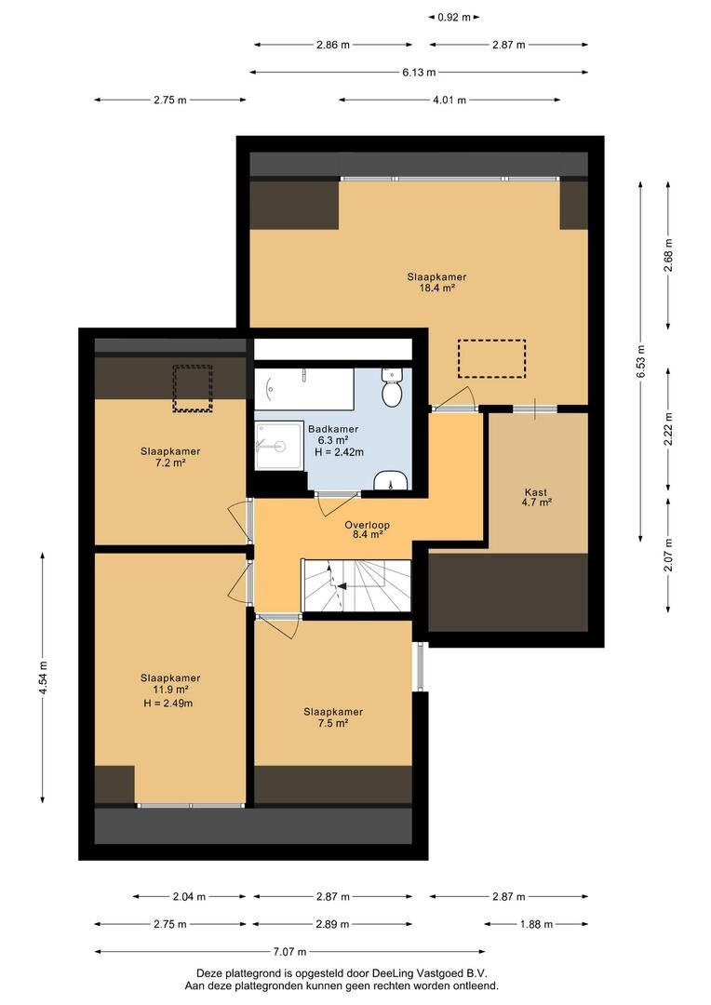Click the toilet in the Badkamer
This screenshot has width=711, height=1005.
(x=391, y=388)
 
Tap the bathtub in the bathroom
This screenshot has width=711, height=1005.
(x=304, y=389)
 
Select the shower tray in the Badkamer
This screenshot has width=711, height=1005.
(x=279, y=446)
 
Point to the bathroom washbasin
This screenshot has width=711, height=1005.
(x=391, y=480)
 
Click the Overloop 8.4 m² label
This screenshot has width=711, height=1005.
(x=367, y=529)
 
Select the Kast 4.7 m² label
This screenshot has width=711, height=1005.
(x=537, y=497)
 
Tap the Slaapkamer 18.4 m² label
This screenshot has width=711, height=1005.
(x=436, y=283)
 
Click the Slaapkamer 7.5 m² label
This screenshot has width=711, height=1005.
(x=333, y=717)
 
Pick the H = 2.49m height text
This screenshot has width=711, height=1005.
(x=168, y=703)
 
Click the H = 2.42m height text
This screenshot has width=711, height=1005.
(x=339, y=452)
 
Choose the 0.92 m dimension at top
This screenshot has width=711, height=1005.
(x=453, y=18)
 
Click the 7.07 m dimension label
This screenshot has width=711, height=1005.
(x=289, y=952)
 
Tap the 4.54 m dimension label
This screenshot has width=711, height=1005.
(x=42, y=677)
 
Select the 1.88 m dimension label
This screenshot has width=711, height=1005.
(x=536, y=924)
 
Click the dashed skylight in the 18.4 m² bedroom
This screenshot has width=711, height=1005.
(x=491, y=358)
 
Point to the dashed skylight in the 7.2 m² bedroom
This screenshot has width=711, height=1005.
(x=193, y=388)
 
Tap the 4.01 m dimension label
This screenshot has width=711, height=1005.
(x=449, y=100)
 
